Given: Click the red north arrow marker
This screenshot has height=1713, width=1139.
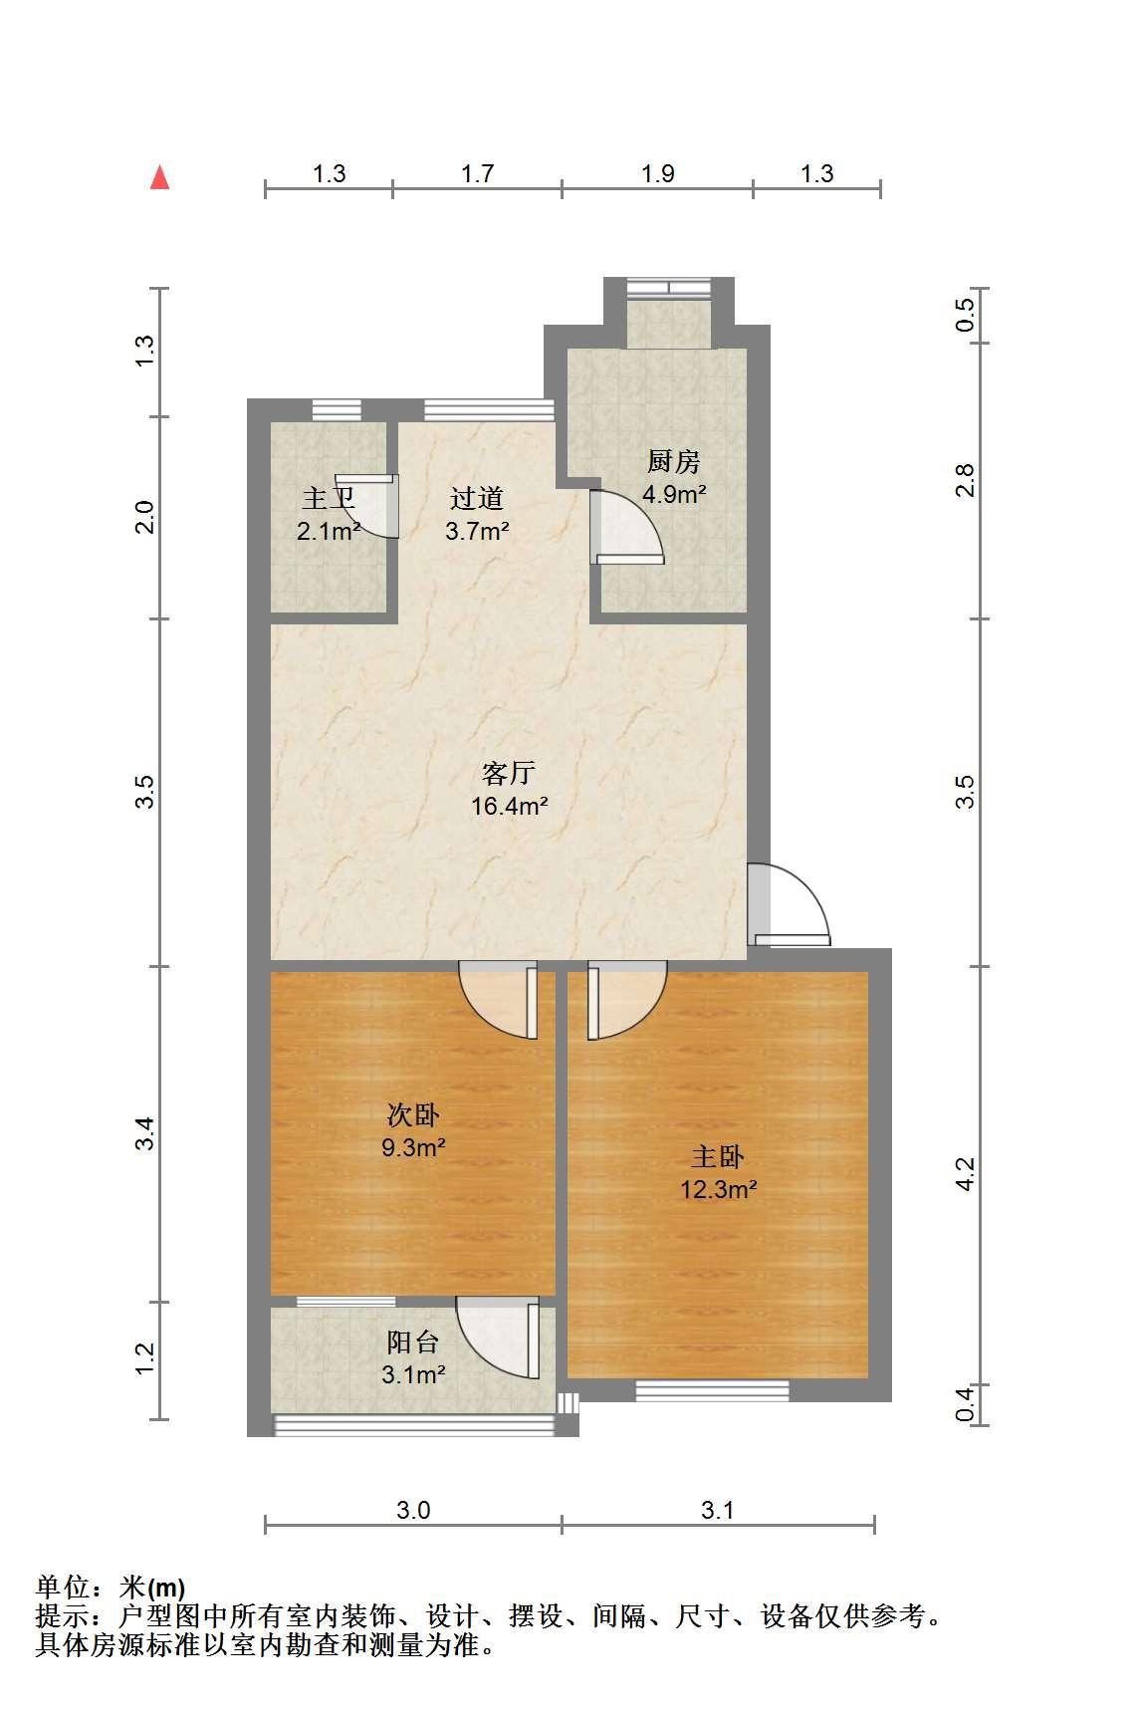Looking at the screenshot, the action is tap(159, 177).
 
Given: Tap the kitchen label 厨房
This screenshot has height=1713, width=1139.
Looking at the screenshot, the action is tap(674, 462).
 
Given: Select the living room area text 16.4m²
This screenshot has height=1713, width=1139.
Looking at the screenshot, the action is tap(510, 806).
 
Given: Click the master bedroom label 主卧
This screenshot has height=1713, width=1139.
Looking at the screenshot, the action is tap(718, 1157).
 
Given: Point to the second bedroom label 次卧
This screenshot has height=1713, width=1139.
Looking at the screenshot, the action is tap(413, 1115).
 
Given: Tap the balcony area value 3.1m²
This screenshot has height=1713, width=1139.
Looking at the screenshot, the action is tap(413, 1375).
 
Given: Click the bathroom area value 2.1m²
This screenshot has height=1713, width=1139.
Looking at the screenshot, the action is tap(329, 531).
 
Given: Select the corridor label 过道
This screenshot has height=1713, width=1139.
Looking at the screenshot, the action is tap(477, 498).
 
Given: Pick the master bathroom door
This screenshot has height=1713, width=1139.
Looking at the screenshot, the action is tap(368, 506).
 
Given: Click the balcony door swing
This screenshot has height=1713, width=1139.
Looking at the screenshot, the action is tap(498, 1338).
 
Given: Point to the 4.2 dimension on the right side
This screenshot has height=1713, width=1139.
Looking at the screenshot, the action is tap(964, 1173).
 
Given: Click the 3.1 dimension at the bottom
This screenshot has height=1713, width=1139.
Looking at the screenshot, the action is tap(717, 1510).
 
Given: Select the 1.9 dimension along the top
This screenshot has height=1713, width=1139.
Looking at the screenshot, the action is tap(658, 173).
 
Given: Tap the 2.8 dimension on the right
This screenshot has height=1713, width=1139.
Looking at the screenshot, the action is tap(964, 481).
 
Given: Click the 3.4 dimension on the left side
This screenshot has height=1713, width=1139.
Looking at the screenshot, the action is tap(145, 1134).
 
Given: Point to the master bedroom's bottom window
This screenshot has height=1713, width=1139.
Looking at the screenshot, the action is tap(713, 1390).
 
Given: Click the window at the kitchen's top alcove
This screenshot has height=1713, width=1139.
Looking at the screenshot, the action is tap(669, 289).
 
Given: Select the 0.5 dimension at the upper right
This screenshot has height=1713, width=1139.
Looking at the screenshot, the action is tap(964, 316).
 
